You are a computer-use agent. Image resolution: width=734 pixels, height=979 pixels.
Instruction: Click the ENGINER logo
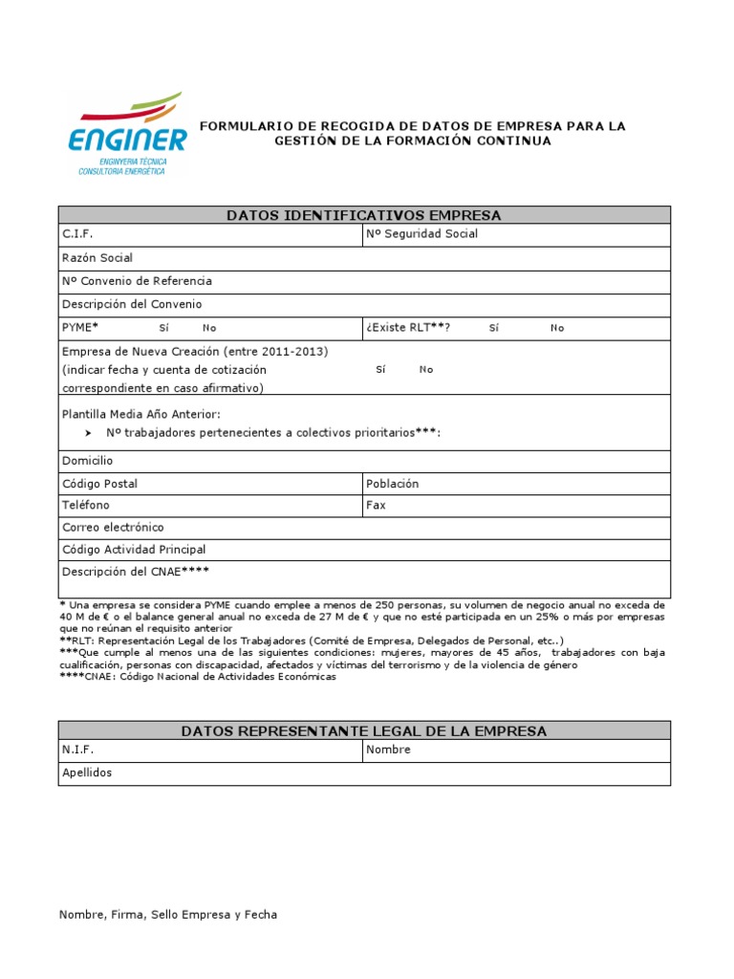coord(127,134)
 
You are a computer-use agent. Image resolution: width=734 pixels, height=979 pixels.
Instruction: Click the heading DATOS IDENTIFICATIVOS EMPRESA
coord(364,215)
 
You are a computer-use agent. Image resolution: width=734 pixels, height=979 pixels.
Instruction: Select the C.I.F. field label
coord(78,234)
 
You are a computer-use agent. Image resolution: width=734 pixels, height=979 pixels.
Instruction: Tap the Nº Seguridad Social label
coord(421,234)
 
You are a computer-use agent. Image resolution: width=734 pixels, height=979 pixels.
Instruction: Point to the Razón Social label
coord(97,258)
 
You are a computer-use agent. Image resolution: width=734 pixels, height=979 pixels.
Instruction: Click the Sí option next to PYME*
coord(163,328)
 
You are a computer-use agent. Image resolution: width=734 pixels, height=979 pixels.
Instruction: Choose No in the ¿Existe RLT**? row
coord(557,328)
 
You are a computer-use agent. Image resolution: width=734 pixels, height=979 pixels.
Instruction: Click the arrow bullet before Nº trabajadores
coord(88,433)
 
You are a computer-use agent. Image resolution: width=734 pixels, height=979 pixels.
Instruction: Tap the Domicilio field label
coord(87,461)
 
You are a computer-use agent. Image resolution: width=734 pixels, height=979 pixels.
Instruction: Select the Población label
coord(392,484)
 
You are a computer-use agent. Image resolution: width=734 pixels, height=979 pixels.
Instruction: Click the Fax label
coord(376,505)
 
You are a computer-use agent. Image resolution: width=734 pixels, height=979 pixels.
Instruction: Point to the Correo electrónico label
coord(113,528)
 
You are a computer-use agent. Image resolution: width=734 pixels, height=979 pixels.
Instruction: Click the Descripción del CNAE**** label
coord(135,572)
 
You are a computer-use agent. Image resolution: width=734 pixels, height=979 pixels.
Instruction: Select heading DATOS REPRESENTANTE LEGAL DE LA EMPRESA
coord(364,731)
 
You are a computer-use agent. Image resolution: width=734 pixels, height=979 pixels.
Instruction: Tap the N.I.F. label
coord(78,750)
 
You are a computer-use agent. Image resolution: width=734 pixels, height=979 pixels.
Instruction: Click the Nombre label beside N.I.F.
coord(388,750)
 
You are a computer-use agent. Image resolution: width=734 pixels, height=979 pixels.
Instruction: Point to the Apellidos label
coord(87,772)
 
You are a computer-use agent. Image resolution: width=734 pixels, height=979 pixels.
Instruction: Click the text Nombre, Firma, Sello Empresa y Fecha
coord(168,915)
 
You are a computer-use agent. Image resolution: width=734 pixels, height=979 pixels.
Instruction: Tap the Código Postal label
coord(99,484)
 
